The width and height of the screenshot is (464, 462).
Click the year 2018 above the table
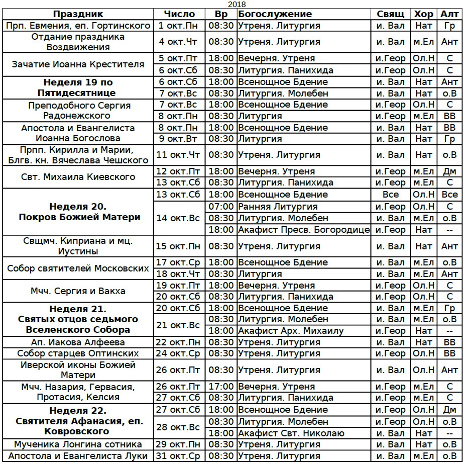point(233,4)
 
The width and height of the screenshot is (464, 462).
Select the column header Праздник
point(78,14)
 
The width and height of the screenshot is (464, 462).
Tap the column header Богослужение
point(275,14)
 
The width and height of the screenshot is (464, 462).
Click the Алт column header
point(449,14)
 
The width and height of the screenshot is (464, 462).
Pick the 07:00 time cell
point(221,207)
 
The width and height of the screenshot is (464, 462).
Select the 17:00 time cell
point(221,387)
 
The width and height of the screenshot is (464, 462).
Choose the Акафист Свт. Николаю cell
point(291,433)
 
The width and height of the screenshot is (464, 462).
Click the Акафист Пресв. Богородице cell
point(304,230)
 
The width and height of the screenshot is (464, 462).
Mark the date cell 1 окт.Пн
point(178,26)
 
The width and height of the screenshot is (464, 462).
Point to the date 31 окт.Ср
point(179,456)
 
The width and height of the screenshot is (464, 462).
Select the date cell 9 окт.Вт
point(178,139)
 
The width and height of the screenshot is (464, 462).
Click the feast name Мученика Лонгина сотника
point(78,444)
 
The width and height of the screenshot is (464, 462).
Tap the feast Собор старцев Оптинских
point(78,353)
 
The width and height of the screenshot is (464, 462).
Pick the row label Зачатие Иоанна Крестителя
point(78,64)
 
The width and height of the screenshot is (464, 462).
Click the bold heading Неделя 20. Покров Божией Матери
point(78,212)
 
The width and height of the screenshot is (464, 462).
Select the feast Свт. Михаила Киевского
point(78,177)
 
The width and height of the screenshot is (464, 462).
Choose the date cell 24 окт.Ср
point(179,353)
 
